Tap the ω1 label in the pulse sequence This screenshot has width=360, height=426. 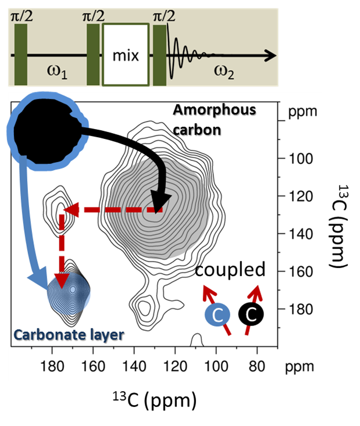click(57, 71)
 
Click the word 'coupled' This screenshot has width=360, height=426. click(230, 270)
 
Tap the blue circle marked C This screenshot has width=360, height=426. click(216, 314)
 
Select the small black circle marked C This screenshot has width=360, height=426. click(251, 314)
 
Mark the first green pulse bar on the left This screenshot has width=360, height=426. click(21, 56)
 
